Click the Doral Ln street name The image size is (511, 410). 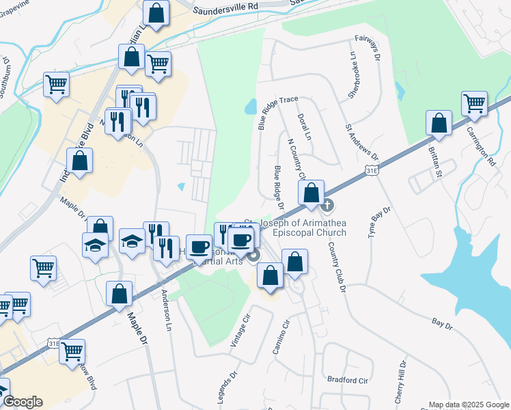(x=305, y=128)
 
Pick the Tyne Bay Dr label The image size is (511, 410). (x=377, y=221)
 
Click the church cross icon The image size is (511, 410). (x=327, y=204)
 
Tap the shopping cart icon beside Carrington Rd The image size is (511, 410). (x=474, y=104)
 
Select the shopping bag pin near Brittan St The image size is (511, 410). (x=439, y=124)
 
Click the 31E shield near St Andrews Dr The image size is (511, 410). (x=371, y=169)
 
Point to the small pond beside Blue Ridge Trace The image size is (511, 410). (x=250, y=107)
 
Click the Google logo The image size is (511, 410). (x=23, y=402)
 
